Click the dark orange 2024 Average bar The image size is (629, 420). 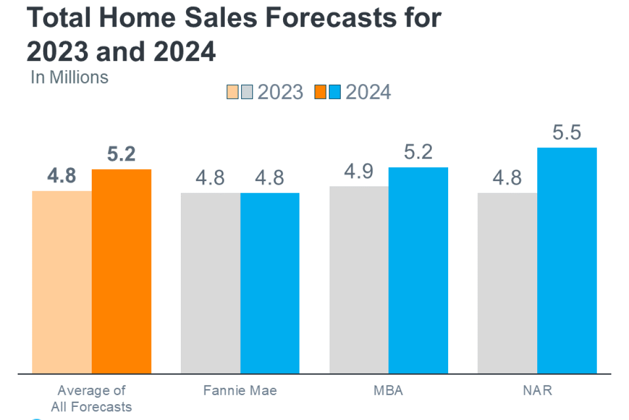[122, 271]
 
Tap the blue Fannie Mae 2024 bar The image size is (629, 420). [270, 283]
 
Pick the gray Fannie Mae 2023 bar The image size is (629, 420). [211, 283]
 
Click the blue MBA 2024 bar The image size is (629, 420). [418, 270]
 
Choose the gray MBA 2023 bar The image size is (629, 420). [359, 280]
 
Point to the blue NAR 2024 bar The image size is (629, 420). [567, 260]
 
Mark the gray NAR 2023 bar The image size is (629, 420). [507, 283]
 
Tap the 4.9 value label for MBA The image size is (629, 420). [359, 172]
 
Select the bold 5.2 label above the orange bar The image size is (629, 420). [121, 154]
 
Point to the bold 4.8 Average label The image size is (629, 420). [61, 176]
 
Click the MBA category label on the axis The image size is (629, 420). [388, 391]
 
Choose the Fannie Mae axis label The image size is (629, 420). [240, 391]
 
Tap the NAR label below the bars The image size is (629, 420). [537, 391]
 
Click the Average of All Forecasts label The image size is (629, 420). [92, 398]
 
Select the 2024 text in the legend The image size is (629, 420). [368, 92]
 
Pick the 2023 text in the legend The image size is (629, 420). [280, 92]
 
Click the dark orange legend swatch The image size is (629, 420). [320, 92]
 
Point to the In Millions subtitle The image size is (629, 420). [70, 77]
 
